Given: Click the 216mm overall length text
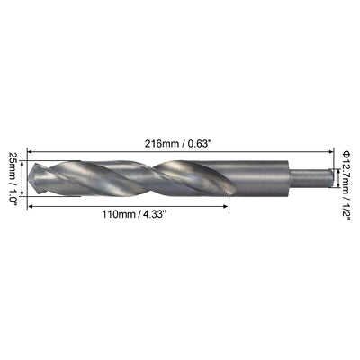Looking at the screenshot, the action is (162, 144).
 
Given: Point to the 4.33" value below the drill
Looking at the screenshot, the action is (154, 214).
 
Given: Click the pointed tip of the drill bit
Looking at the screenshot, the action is (28, 177).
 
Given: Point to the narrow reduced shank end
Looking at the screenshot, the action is (311, 178).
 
